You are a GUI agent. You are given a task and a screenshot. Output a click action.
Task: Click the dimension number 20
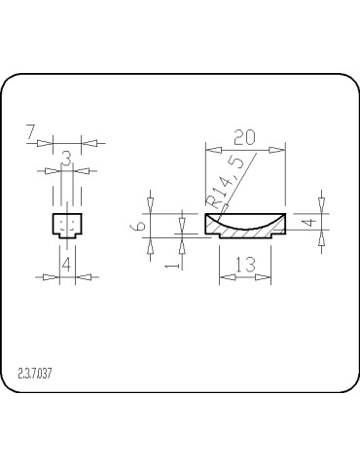pyautogui.click(x=245, y=137)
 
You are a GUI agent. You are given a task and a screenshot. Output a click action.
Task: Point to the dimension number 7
pyautogui.click(x=31, y=130)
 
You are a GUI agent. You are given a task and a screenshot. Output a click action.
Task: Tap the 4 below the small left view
pyautogui.click(x=65, y=264)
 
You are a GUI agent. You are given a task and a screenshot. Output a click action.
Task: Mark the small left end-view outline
pyautogui.click(x=65, y=226)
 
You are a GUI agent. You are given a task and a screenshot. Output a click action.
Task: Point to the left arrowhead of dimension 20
pyautogui.click(x=209, y=150)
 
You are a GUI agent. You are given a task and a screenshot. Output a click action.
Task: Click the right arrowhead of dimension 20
pyautogui.click(x=281, y=150)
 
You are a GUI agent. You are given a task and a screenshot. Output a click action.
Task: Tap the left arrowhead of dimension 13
pyautogui.click(x=224, y=277)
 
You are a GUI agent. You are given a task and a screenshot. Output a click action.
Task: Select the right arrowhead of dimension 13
pyautogui.click(x=266, y=277)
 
